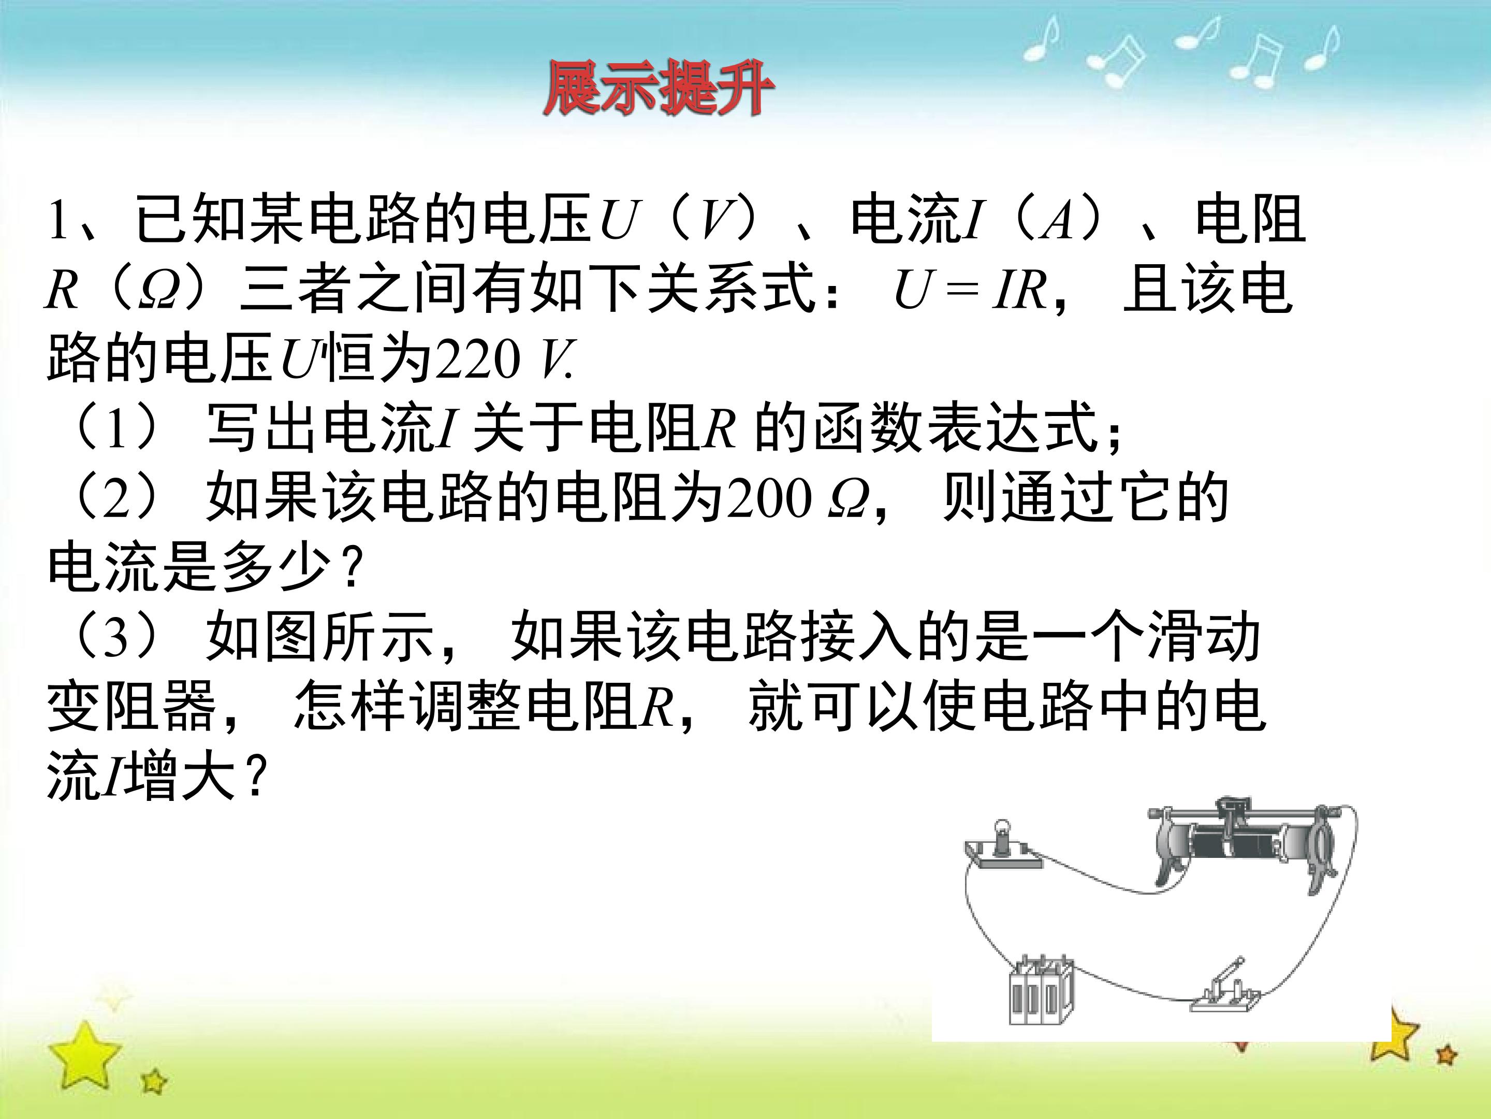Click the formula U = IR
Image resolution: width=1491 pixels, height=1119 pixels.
pyautogui.click(x=971, y=291)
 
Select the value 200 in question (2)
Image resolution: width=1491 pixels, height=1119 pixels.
pyautogui.click(x=768, y=500)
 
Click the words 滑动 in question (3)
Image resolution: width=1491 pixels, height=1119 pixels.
pyautogui.click(x=1203, y=637)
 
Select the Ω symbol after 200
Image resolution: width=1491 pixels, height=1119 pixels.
pyautogui.click(x=847, y=501)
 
